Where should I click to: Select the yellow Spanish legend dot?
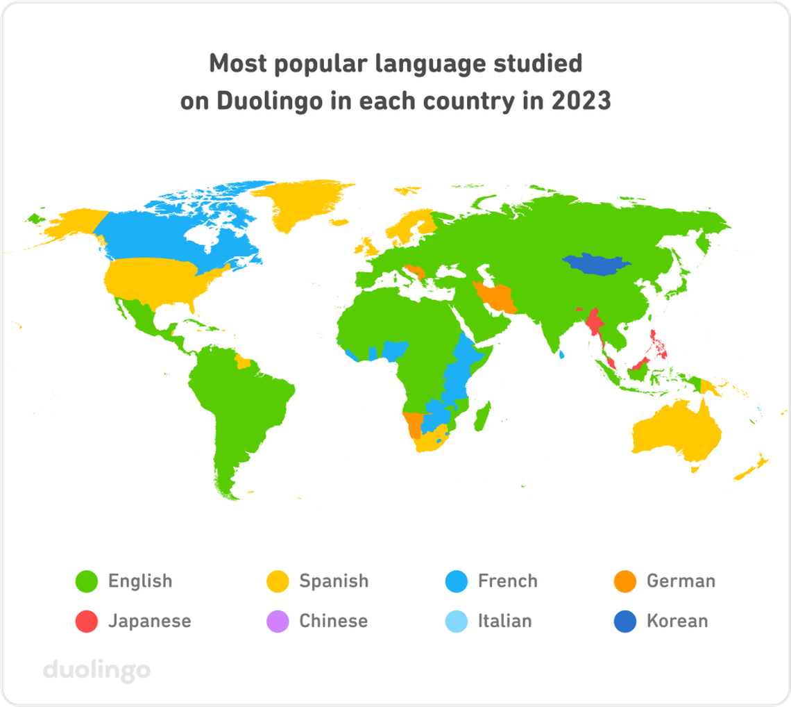(278, 581)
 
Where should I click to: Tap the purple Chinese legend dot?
(278, 621)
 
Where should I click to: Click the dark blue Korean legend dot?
(625, 621)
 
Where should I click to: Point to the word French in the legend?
(507, 581)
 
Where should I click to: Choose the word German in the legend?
(681, 581)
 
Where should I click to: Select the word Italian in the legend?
(504, 621)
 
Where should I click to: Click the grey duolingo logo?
(96, 671)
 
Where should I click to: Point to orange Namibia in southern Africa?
(413, 423)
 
